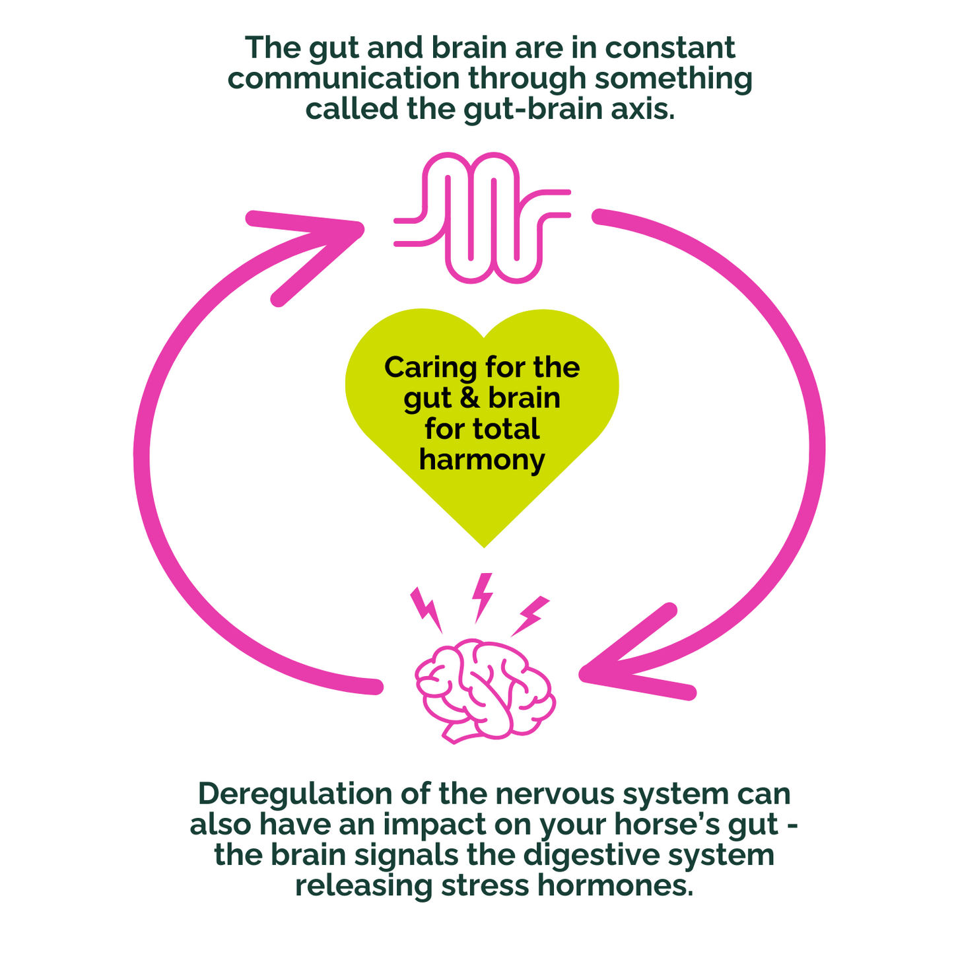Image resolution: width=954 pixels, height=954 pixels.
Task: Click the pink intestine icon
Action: [482, 218]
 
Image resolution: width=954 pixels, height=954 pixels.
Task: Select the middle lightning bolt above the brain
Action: [483, 596]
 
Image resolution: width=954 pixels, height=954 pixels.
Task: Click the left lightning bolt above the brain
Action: [426, 607]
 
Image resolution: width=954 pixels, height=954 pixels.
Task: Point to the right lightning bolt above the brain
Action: [531, 615]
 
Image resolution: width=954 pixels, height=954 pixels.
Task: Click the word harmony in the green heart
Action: [482, 460]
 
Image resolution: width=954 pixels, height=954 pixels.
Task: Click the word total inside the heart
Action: [507, 429]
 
